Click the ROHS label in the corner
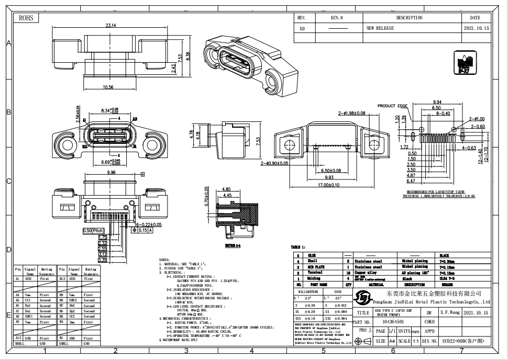[26, 18]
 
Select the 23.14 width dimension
[111, 25]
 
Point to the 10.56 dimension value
[108, 87]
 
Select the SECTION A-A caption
[234, 245]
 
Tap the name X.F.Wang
[450, 312]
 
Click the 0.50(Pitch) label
[94, 230]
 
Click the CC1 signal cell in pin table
[30, 300]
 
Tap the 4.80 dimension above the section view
[227, 189]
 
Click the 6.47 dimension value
[411, 181]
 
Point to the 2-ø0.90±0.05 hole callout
[274, 164]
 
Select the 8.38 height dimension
[188, 56]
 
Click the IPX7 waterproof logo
[463, 64]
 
